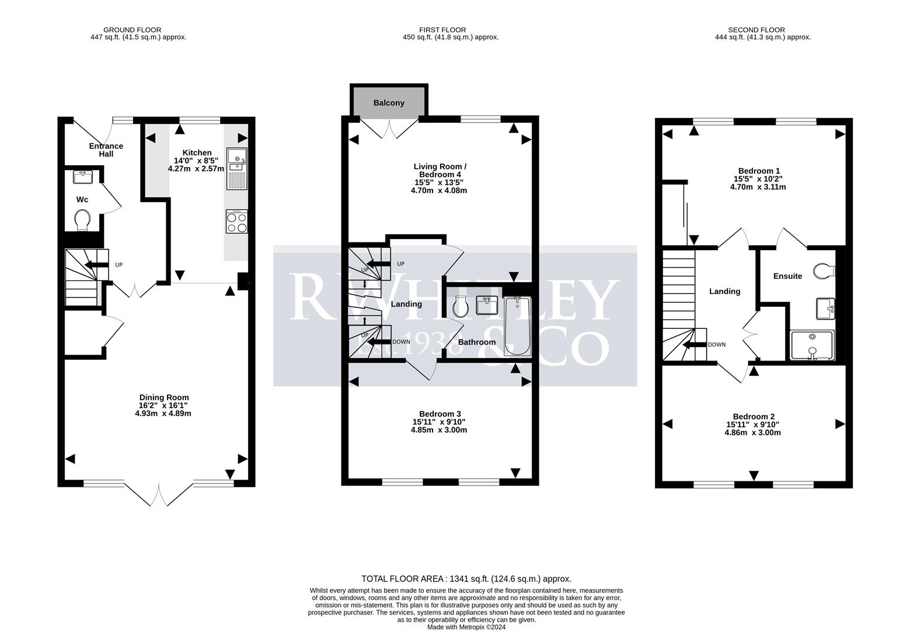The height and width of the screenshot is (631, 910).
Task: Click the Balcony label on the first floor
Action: click(x=389, y=103)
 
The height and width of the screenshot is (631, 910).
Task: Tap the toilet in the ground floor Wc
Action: click(x=83, y=220)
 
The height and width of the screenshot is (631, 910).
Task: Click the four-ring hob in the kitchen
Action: click(x=237, y=221)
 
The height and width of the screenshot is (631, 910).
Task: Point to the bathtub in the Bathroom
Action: click(x=518, y=327)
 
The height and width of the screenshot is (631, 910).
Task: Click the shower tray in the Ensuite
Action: click(x=811, y=345)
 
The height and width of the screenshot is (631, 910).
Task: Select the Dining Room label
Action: click(x=163, y=397)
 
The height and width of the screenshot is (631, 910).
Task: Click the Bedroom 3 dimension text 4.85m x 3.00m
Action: click(x=439, y=430)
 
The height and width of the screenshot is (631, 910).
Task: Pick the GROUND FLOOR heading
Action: click(x=133, y=30)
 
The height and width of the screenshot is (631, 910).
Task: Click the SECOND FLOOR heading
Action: click(x=756, y=30)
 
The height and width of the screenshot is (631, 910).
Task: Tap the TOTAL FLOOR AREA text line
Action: click(x=466, y=579)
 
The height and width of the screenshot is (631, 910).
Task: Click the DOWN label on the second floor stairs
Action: click(x=716, y=345)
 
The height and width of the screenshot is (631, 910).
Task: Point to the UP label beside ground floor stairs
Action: click(x=118, y=265)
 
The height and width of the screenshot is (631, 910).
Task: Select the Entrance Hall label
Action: click(x=106, y=150)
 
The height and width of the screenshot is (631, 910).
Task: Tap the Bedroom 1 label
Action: click(x=758, y=171)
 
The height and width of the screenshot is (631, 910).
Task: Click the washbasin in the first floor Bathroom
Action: click(x=486, y=305)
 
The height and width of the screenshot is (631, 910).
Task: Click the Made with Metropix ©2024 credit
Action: click(x=466, y=627)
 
